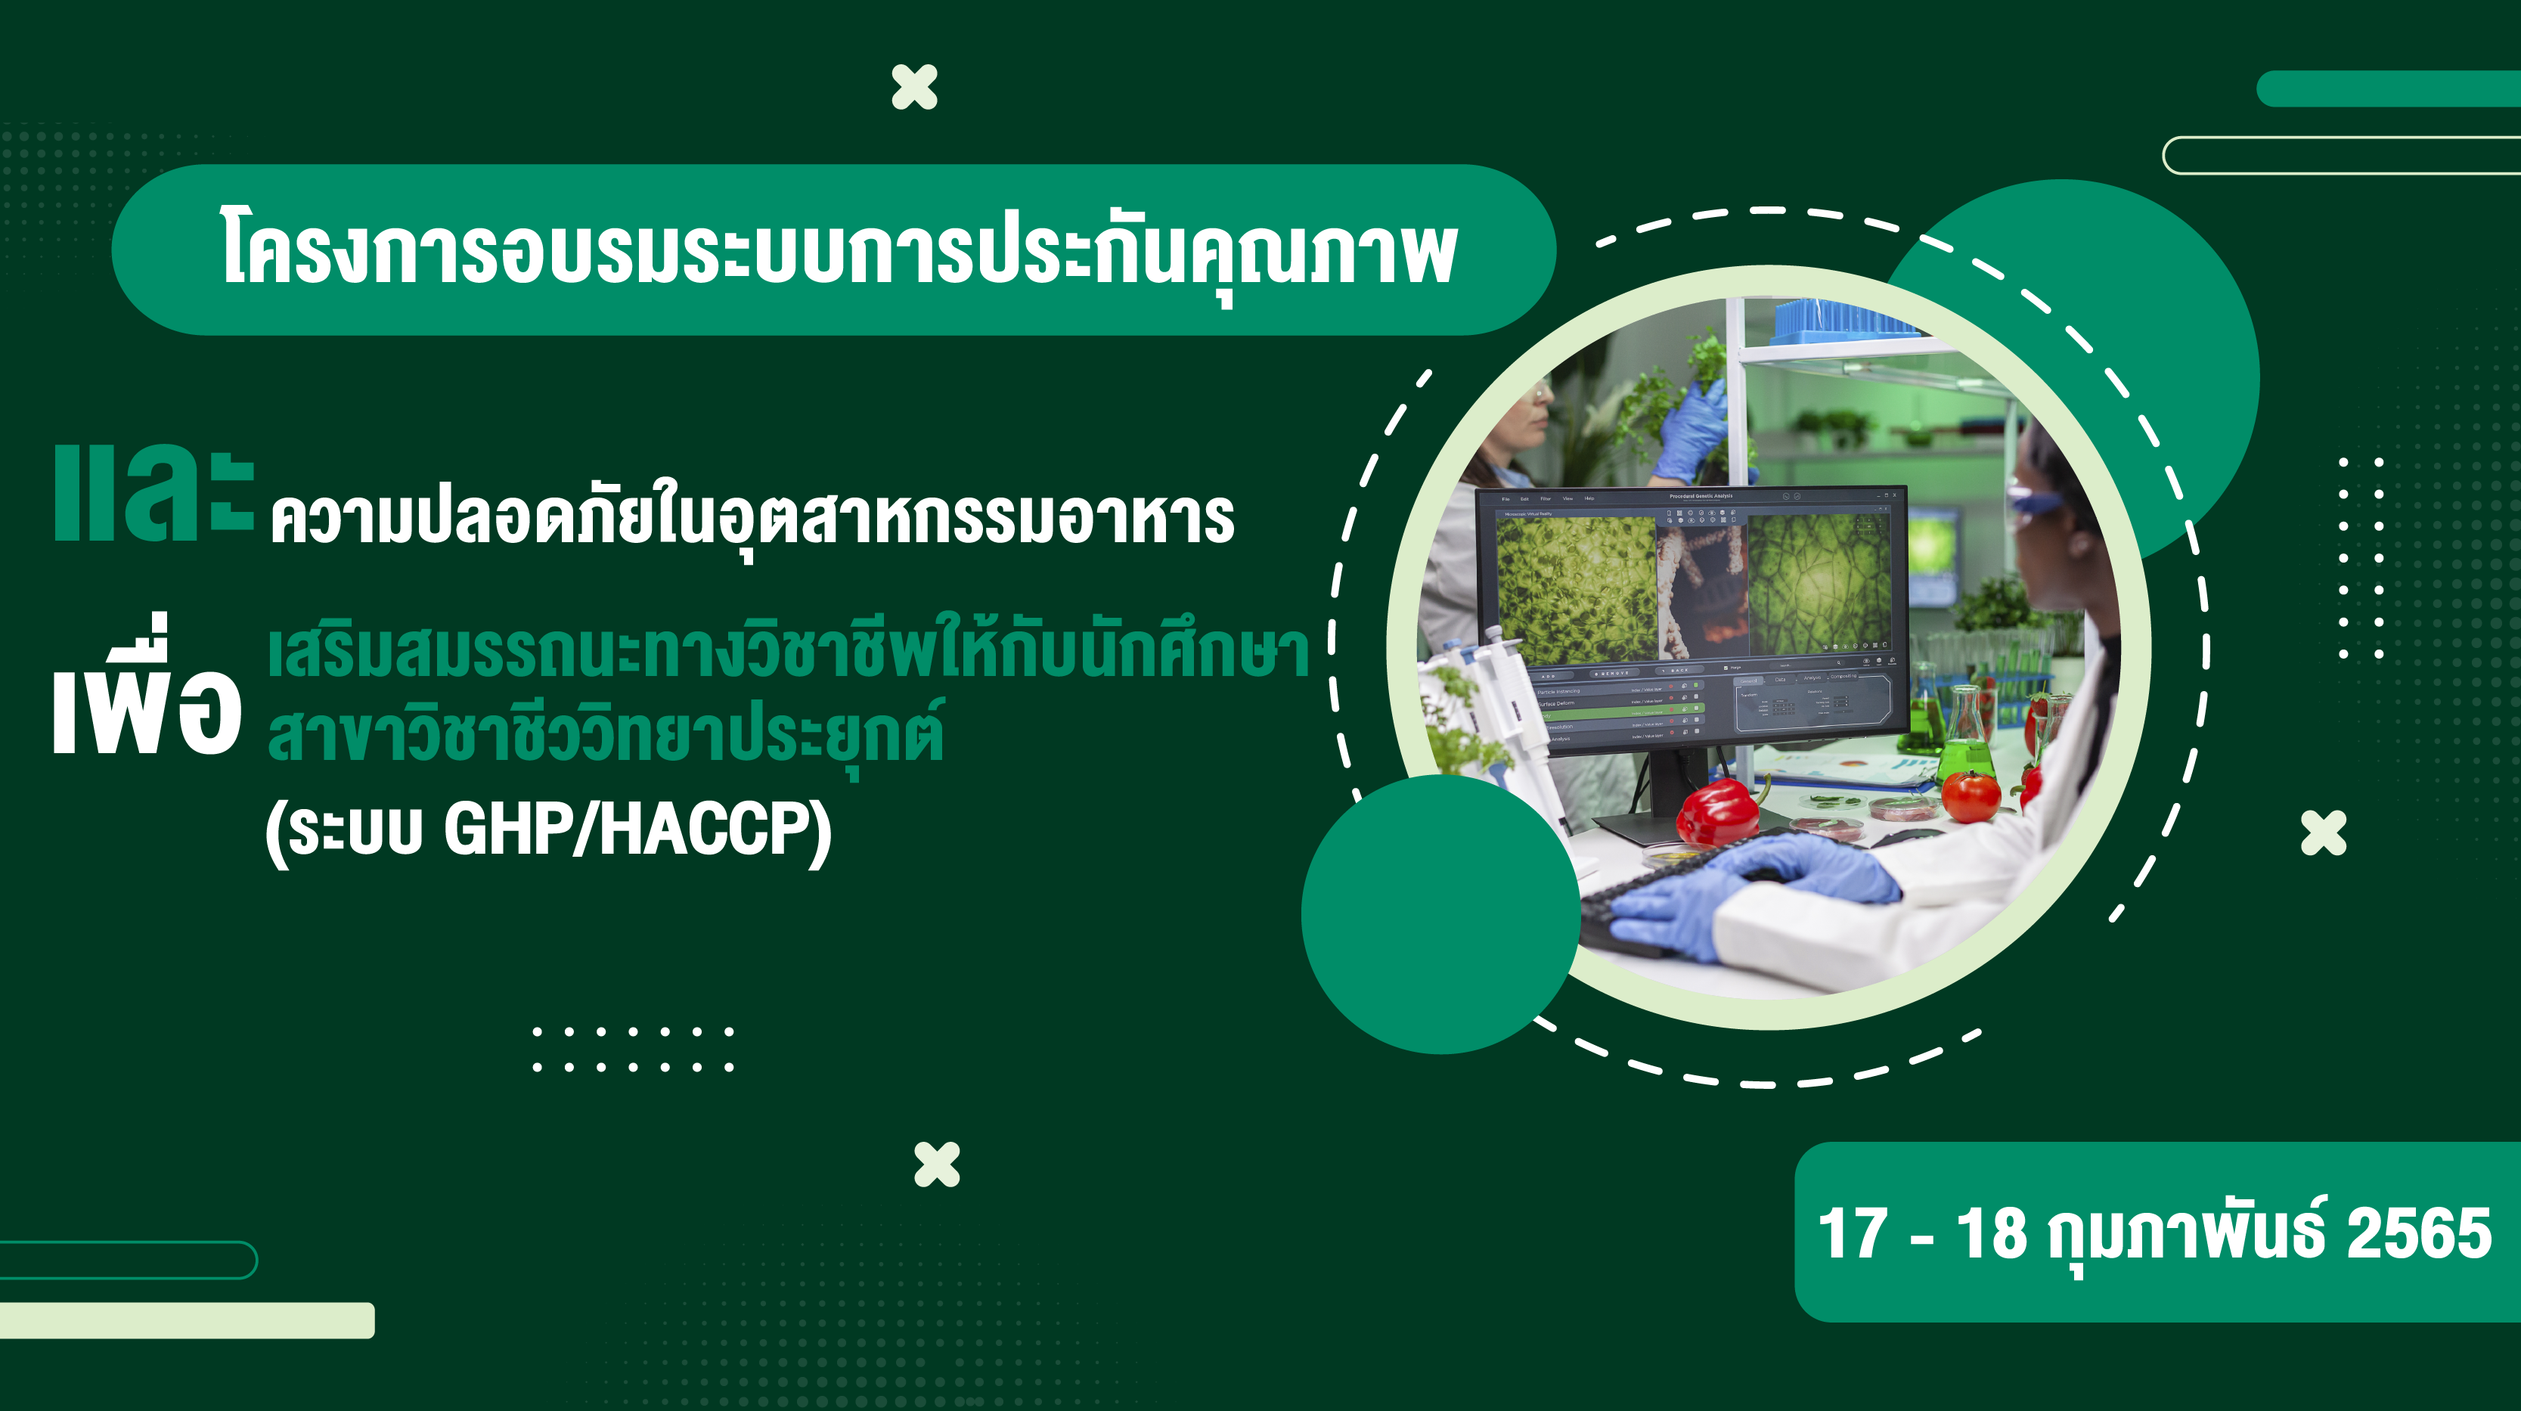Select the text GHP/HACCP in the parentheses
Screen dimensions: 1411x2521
pos(636,830)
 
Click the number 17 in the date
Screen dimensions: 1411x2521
pos(1852,1234)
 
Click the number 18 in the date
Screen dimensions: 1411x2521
pos(1991,1234)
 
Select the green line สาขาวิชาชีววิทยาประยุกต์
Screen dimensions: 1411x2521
pos(605,736)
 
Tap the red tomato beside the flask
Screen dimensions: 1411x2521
pos(1970,795)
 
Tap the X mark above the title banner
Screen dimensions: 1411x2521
pos(914,87)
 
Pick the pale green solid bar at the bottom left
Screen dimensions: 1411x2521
pos(186,1320)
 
